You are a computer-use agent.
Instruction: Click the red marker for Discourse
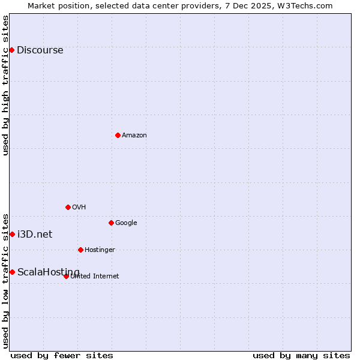(11, 50)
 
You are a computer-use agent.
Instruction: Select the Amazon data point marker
(118, 135)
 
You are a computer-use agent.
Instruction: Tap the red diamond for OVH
(68, 207)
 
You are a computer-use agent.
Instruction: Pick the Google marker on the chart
(111, 223)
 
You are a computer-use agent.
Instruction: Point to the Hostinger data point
(80, 250)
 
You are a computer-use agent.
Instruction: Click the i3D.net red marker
(12, 234)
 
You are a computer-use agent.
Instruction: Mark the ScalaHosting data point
(12, 272)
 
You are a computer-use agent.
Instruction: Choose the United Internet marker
(66, 276)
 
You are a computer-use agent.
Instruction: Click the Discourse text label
(40, 50)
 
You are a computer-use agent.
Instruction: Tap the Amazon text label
(134, 136)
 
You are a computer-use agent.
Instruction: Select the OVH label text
(79, 208)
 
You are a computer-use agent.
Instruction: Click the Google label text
(126, 223)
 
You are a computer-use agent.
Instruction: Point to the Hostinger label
(100, 250)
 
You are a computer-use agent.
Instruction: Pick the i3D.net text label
(35, 235)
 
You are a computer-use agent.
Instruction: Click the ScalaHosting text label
(48, 272)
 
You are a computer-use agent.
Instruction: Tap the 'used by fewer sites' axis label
(62, 356)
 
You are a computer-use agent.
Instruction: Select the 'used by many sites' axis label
(301, 356)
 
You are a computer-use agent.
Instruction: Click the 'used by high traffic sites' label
(6, 85)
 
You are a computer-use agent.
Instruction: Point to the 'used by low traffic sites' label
(6, 280)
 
